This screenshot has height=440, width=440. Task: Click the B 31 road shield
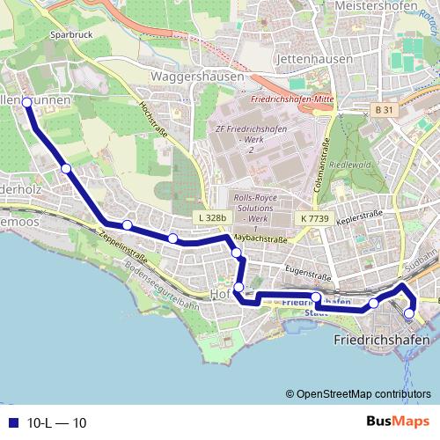tap(382, 109)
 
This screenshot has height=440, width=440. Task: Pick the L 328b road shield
tap(211, 216)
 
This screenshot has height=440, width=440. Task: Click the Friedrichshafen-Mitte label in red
tap(290, 100)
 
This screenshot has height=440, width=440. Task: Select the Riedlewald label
tap(363, 164)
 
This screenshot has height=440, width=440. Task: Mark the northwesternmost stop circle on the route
tap(26, 103)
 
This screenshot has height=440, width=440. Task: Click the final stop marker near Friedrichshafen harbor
tap(409, 313)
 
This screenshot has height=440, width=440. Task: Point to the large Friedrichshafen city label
tap(382, 339)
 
